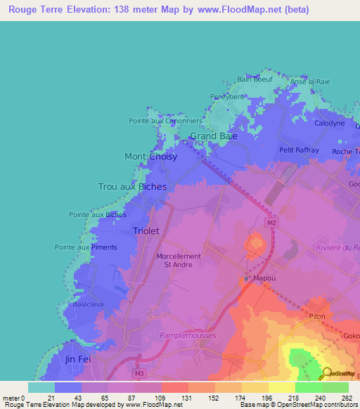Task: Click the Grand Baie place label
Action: click(x=213, y=136)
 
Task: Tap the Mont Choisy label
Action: click(x=150, y=157)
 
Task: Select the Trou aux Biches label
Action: click(x=132, y=187)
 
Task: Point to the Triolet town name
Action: click(x=147, y=231)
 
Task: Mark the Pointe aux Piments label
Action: click(x=86, y=247)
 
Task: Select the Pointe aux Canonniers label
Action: click(x=165, y=121)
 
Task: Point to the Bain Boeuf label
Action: click(x=254, y=79)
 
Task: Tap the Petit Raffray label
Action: click(x=299, y=150)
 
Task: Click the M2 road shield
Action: click(x=271, y=223)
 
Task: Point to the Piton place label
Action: click(x=317, y=317)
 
